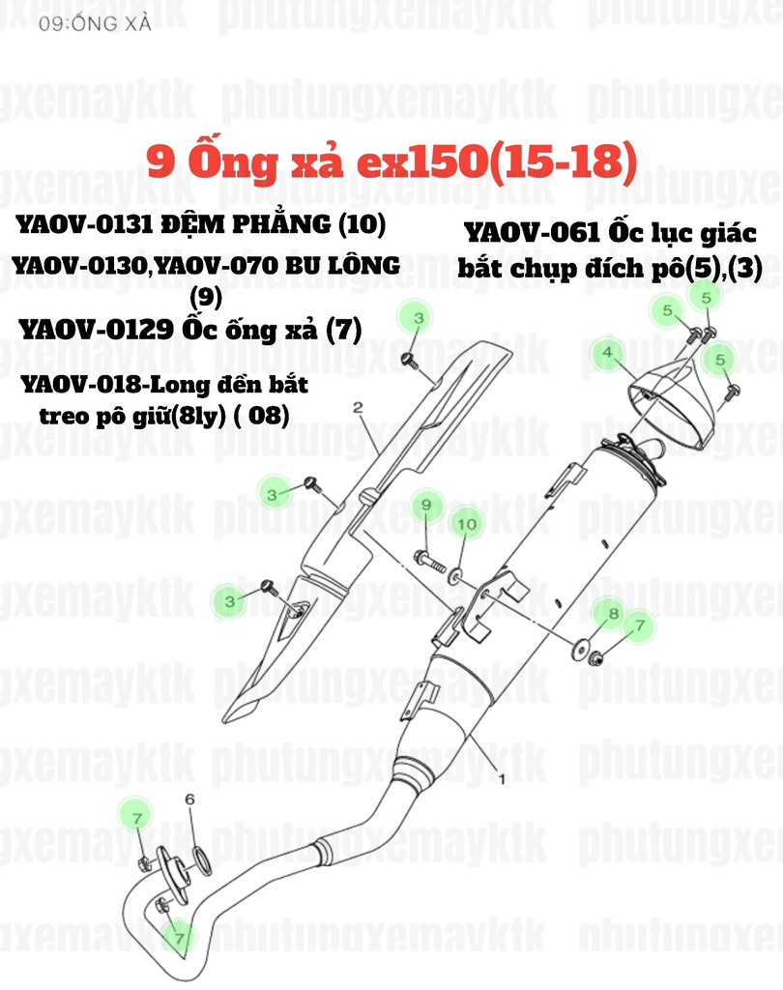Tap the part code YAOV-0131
tap(82, 225)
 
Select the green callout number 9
tap(422, 504)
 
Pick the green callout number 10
tap(466, 523)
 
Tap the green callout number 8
tap(612, 613)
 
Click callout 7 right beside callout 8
tap(638, 626)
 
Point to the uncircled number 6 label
tap(189, 799)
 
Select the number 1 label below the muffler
tap(501, 775)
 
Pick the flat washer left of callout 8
tap(582, 647)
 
